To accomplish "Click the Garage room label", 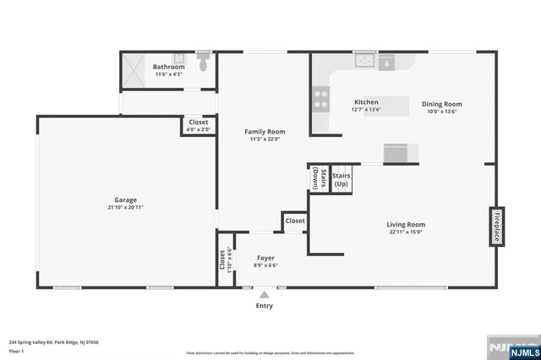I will pyautogui.click(x=127, y=200).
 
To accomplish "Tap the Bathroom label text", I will pyautogui.click(x=168, y=67).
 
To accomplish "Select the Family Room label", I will pyautogui.click(x=265, y=132).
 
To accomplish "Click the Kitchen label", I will pyautogui.click(x=366, y=101).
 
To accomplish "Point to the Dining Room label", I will pyautogui.click(x=442, y=105).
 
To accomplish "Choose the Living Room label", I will pyautogui.click(x=407, y=224).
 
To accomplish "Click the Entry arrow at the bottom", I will pyautogui.click(x=265, y=295).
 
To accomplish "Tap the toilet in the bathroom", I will pyautogui.click(x=202, y=63).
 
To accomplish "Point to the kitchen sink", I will pyautogui.click(x=365, y=60).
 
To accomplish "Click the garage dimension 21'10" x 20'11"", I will pyautogui.click(x=127, y=207).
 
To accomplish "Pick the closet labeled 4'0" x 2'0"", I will pyautogui.click(x=198, y=126).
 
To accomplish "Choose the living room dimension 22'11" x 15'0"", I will pyautogui.click(x=407, y=232).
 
